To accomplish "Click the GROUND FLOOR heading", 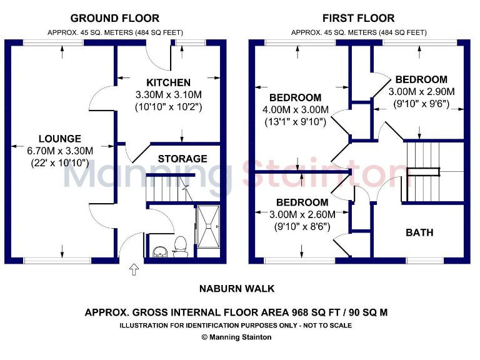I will coord(114,18).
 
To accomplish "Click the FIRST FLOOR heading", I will coord(358,18).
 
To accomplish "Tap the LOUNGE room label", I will coord(59,139).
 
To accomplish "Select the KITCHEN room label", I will coord(168,82).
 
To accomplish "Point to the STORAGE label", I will coord(182,159).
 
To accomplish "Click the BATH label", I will coord(419,232).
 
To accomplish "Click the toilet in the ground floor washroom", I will coord(181,247).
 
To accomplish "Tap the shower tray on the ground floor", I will coord(208,230).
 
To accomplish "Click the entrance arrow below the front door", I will coord(133,270).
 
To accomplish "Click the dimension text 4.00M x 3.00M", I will coord(295,110).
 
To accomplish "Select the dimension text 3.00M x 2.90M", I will coord(421,92).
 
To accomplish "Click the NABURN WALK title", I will coord(237,289).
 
